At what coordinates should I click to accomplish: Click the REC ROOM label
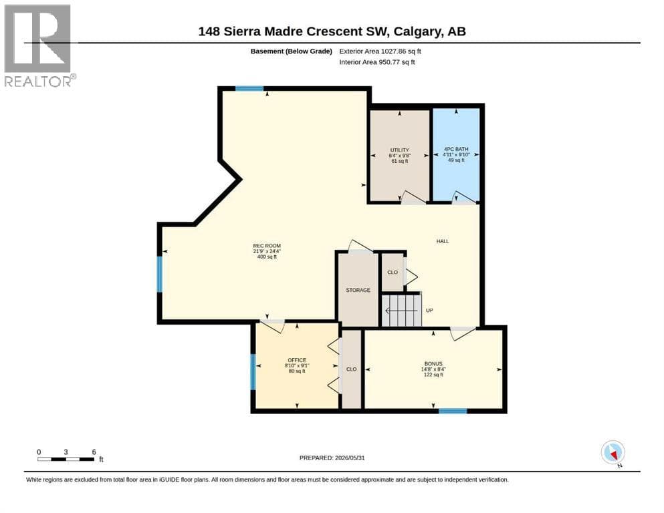(267, 246)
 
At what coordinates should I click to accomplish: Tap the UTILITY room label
(399, 150)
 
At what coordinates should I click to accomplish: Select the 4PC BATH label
(456, 149)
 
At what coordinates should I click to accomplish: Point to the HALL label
(443, 241)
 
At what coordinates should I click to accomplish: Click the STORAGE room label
(358, 290)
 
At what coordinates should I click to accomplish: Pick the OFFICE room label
(297, 360)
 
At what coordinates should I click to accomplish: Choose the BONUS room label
(433, 364)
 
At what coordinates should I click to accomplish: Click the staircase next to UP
(401, 311)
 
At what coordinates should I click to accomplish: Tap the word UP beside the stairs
(429, 311)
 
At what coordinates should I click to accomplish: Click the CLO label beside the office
(352, 369)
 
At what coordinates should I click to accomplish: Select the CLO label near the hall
(393, 273)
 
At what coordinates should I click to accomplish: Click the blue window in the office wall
(253, 372)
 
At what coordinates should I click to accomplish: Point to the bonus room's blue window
(453, 411)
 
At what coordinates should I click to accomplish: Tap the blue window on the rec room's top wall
(249, 88)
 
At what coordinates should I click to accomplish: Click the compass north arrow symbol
(613, 452)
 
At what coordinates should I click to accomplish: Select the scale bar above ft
(66, 459)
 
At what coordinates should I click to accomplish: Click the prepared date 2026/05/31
(350, 458)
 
